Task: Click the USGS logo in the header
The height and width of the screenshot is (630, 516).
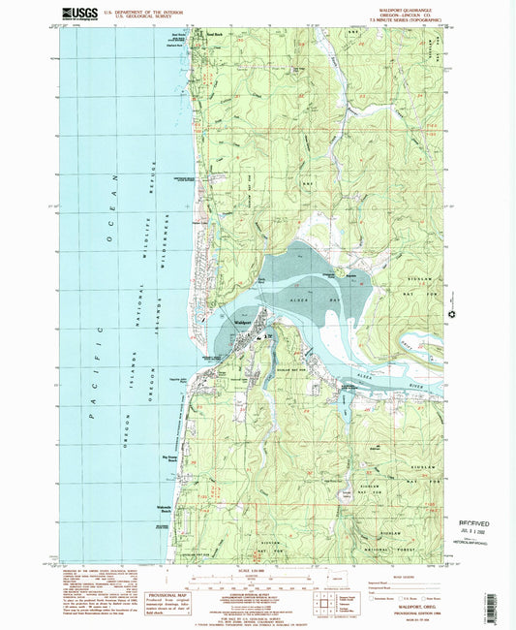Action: (79, 14)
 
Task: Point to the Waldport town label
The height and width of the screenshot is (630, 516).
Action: (243, 322)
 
